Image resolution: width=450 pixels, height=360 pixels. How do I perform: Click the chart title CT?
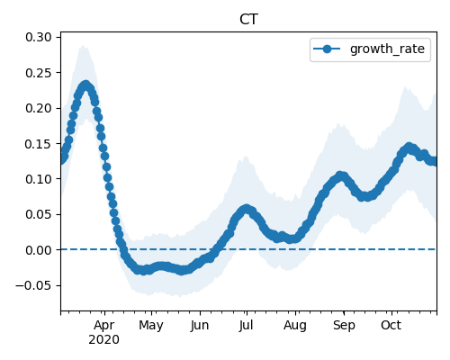pos(248,20)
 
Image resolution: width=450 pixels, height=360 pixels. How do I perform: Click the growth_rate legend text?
pos(387,49)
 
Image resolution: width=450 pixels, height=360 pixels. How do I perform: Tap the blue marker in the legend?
pos(327,49)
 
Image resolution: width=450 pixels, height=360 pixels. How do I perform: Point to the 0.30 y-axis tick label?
pos(39,38)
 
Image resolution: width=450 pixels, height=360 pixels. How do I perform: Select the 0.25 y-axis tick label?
pos(39,73)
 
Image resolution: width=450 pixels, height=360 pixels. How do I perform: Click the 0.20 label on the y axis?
pos(39,108)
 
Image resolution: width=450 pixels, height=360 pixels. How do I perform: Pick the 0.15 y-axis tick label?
pos(39,144)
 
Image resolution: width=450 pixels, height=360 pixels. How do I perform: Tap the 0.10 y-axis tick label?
pos(39,179)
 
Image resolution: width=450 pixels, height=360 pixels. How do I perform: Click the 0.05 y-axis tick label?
pos(39,215)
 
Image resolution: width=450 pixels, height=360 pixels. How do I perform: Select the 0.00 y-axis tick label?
pos(39,250)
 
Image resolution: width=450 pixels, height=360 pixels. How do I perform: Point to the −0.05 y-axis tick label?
pos(33,285)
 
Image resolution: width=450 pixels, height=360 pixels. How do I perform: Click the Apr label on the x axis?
pos(103,326)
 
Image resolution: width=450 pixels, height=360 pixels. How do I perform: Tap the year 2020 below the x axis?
pos(103,340)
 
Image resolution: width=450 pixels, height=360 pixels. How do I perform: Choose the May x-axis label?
pos(151,326)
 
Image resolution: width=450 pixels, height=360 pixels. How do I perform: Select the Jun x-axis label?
pos(200,326)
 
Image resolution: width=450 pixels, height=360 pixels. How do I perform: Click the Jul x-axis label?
pos(246,326)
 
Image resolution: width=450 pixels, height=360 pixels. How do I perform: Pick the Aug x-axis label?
pos(295,326)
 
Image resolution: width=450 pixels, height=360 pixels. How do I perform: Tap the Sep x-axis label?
pos(344,326)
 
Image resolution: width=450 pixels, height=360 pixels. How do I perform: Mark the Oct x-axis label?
pos(391,326)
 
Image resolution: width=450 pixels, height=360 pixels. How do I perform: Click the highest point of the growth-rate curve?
pos(86,85)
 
